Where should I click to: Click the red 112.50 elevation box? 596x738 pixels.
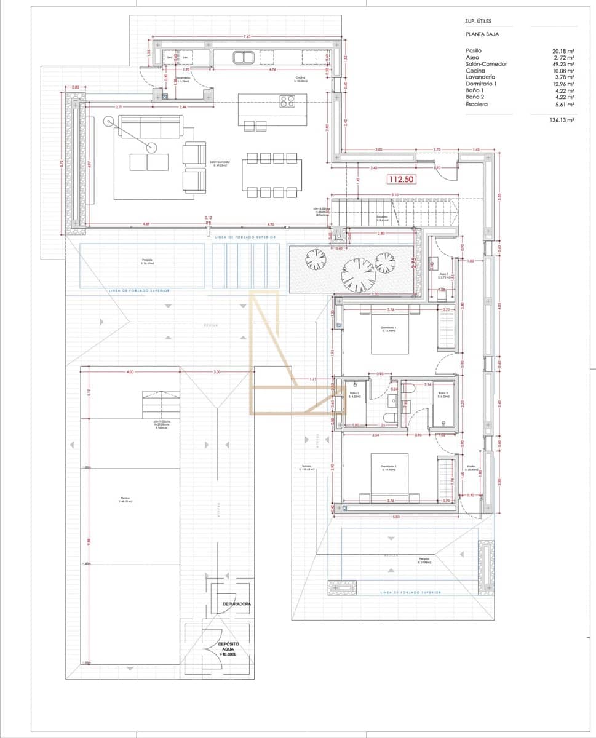pyautogui.click(x=400, y=180)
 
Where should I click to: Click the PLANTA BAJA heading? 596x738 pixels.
pyautogui.click(x=483, y=34)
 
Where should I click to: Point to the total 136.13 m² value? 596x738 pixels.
pyautogui.click(x=561, y=121)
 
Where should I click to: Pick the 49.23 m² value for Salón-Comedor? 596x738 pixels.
pyautogui.click(x=563, y=64)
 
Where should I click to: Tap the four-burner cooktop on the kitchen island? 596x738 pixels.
pyautogui.click(x=287, y=101)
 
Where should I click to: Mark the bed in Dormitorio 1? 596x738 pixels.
pyautogui.click(x=390, y=336)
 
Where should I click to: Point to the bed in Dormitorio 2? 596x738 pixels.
pyautogui.click(x=390, y=475)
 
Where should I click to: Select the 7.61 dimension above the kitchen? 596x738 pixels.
pyautogui.click(x=247, y=38)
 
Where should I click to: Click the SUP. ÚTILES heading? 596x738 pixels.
pyautogui.click(x=479, y=22)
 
